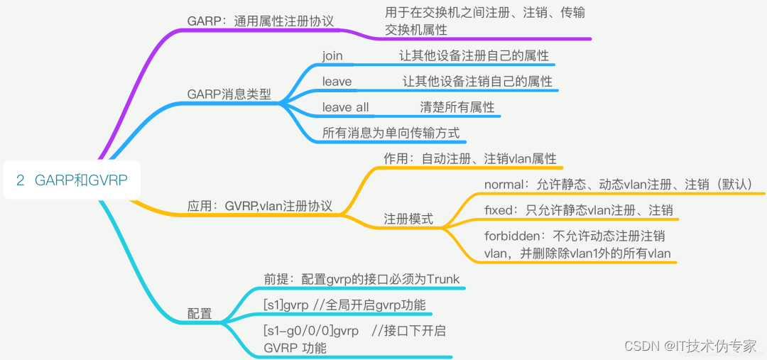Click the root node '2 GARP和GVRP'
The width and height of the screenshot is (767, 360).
point(72,180)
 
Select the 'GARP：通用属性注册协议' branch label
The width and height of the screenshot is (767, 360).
point(261,21)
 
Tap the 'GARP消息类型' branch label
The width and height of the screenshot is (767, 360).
point(229,94)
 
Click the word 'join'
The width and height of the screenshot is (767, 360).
point(332,55)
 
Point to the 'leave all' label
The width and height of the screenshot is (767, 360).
point(345,107)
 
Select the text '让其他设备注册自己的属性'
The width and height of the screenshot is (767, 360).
point(473,55)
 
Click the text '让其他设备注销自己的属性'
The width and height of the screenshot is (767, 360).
point(477,81)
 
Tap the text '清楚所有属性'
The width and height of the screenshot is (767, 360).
point(457,107)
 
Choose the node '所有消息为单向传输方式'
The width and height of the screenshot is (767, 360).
point(391,132)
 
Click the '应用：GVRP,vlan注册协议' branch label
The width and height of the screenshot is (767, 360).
point(260,206)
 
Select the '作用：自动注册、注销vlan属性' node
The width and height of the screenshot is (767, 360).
point(470,158)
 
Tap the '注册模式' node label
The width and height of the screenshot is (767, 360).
point(408,219)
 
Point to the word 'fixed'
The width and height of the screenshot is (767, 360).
point(500,210)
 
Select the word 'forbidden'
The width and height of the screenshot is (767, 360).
point(513,236)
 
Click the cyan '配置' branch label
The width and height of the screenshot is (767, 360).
point(200,313)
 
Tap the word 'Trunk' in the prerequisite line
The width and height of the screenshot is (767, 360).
point(443,279)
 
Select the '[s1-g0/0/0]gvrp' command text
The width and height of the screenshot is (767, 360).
point(311,331)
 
